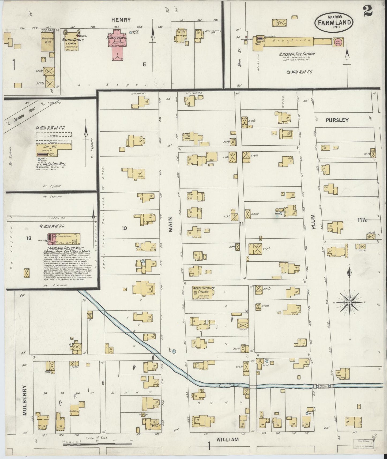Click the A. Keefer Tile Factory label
297,54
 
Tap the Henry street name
121,20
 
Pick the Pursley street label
337,120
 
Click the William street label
227,439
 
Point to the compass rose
350,302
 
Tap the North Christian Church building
203,294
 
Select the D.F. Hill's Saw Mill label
51,164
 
